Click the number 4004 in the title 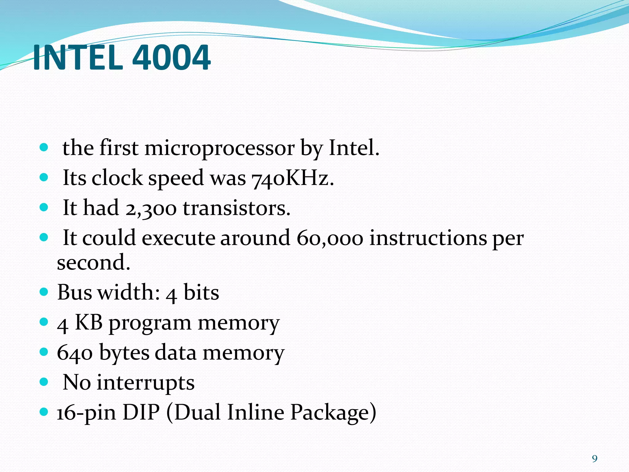tap(171, 58)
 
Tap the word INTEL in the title tap(78, 58)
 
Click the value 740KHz tap(292, 179)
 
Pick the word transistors tap(236, 208)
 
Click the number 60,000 tap(330, 238)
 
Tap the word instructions tap(428, 238)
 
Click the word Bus tap(75, 292)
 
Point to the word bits tap(201, 292)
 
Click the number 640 tap(75, 353)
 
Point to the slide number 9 tap(595, 459)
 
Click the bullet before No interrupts tap(44, 382)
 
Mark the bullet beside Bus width tap(44, 291)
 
